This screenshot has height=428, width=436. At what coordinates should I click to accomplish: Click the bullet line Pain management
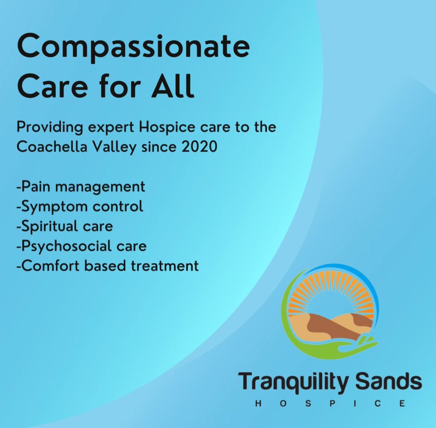point(81,187)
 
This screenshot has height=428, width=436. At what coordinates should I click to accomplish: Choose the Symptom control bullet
point(79,206)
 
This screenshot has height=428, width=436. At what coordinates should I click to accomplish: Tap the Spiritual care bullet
point(64,226)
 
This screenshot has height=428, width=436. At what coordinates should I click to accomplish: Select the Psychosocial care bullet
point(81,246)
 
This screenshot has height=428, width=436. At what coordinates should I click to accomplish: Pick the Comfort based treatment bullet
point(107,265)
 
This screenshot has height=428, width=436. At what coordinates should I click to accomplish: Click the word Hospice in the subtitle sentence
point(162,127)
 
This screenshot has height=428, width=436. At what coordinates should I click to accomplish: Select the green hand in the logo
point(331,349)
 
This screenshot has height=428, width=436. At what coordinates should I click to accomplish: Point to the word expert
point(109,127)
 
